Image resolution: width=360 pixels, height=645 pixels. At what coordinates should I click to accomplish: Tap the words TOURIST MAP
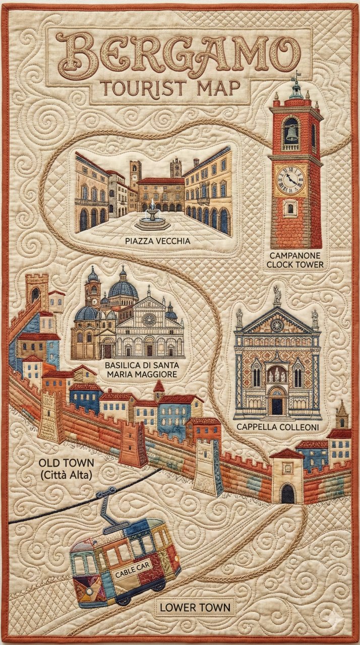click(170, 89)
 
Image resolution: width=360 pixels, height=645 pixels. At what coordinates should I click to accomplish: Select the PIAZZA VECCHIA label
click(157, 241)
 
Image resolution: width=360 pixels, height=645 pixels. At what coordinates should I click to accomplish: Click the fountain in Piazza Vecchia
click(152, 217)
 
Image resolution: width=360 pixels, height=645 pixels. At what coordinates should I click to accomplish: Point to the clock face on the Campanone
click(290, 179)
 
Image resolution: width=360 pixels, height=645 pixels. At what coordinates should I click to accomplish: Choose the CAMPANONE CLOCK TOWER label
click(296, 260)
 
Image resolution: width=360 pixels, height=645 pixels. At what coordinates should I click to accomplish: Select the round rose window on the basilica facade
click(149, 319)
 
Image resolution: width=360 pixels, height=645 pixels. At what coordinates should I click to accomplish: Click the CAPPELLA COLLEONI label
click(276, 426)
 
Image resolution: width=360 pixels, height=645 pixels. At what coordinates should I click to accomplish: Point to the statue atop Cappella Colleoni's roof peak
click(277, 295)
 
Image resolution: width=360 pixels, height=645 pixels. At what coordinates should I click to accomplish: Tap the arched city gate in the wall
click(287, 493)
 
